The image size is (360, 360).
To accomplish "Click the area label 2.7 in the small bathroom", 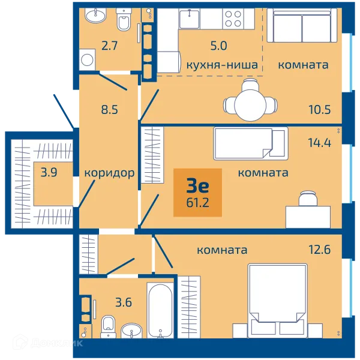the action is (x=110, y=46).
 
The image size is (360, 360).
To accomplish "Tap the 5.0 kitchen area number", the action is (x=218, y=46).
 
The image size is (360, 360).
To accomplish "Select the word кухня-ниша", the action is (x=222, y=65).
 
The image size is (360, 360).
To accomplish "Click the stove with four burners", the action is (x=233, y=19).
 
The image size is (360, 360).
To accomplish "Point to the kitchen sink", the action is (x=190, y=19).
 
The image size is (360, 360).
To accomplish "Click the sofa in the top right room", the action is (x=302, y=25).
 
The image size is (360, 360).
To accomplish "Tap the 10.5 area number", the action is (x=320, y=110).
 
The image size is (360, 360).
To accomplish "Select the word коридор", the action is (x=109, y=173).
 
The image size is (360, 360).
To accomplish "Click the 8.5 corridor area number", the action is (x=110, y=110).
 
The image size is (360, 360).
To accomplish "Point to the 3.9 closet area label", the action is (x=49, y=172).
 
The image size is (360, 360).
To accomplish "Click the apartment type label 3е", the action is (x=197, y=186).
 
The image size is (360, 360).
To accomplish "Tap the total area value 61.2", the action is (x=197, y=203).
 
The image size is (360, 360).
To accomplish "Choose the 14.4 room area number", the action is (x=320, y=143).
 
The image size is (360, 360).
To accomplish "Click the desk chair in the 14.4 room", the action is (x=308, y=199).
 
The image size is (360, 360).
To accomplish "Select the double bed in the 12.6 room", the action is (x=278, y=301).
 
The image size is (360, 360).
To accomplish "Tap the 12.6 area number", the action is (x=320, y=250).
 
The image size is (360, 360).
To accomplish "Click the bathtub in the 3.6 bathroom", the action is (x=160, y=310).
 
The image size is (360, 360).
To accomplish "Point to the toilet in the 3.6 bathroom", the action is (x=108, y=326).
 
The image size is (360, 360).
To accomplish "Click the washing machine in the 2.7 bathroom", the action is (x=87, y=60).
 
